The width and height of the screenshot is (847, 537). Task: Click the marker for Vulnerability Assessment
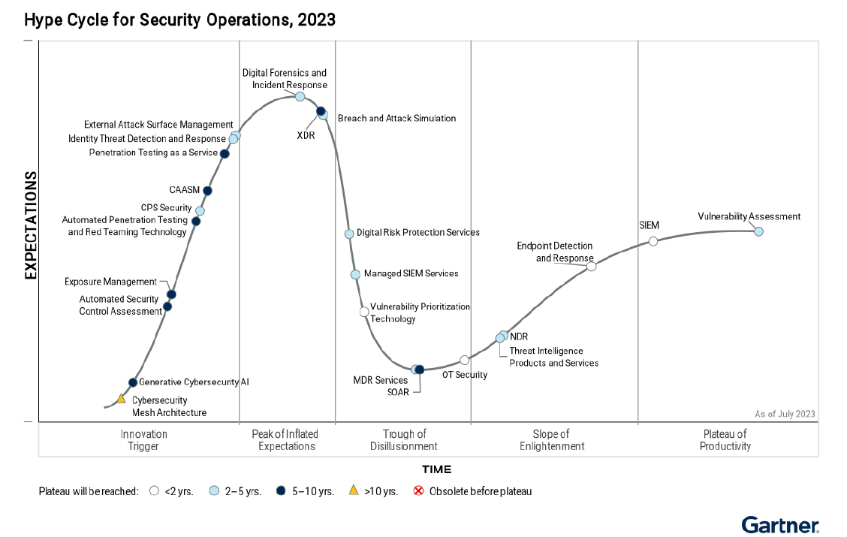coord(758,231)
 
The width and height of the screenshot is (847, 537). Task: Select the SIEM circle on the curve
coord(653,241)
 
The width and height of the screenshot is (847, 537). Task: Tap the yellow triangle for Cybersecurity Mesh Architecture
coord(121,398)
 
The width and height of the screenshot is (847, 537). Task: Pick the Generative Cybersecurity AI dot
coord(133,382)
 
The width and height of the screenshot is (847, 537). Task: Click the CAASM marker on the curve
coord(207,191)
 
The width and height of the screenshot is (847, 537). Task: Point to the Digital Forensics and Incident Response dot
coord(300,96)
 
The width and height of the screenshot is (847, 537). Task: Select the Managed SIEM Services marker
coord(355,274)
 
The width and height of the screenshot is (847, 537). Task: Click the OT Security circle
coord(464,360)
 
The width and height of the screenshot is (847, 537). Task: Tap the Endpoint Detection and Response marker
coord(591,267)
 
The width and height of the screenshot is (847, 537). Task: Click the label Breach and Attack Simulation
coord(396,118)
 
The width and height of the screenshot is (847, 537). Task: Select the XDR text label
coord(306,136)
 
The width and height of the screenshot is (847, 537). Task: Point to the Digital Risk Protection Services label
coord(417,233)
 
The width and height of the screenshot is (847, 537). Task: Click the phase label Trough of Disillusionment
coord(403,440)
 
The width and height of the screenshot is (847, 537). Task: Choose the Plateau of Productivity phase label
coord(726,440)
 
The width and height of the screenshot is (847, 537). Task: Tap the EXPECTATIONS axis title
coord(31,225)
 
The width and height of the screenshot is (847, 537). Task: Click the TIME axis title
coord(436,470)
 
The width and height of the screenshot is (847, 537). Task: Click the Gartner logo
coord(780,523)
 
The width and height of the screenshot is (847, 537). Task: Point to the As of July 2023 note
coord(785,414)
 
